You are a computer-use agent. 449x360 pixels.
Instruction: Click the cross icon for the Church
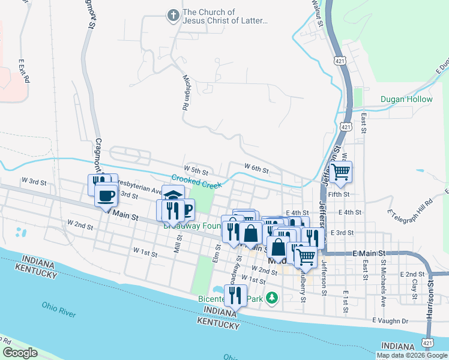point(173,15)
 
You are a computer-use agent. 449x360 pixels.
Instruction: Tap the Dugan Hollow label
point(406,99)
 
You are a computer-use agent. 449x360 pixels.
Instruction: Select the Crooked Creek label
point(197,179)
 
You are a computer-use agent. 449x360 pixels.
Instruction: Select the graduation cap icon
point(173,196)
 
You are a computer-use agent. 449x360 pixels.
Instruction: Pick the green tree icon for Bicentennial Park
point(272,297)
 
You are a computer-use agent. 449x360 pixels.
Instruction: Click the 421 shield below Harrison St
point(427,343)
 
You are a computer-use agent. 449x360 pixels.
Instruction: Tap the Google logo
point(20,353)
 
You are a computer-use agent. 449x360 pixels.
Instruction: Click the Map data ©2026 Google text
point(412,355)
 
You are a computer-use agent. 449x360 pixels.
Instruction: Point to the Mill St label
point(177,244)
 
